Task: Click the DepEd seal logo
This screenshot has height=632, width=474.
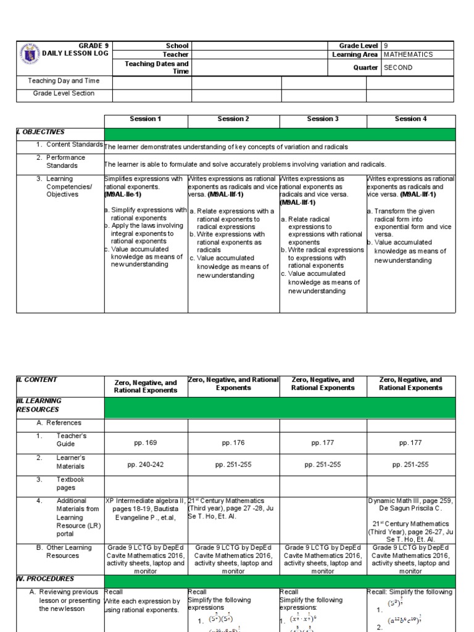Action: point(29,54)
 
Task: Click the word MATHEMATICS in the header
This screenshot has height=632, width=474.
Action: point(408,54)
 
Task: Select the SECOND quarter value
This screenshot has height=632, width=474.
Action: point(398,68)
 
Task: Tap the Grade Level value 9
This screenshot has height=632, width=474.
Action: point(386,46)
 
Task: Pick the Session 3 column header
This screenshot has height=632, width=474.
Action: point(323,119)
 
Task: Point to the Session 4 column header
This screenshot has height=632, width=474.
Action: point(410,119)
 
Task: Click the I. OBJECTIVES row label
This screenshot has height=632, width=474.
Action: point(41,132)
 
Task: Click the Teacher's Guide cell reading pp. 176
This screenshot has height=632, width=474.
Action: point(233,442)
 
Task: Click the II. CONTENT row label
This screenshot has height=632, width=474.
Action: point(38,380)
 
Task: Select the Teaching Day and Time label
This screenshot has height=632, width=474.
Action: point(64,81)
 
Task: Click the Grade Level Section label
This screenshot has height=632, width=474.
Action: point(64,94)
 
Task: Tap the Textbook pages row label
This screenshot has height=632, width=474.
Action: point(70,483)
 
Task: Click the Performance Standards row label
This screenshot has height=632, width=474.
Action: point(65,162)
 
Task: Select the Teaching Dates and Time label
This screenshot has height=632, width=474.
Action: point(157,67)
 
